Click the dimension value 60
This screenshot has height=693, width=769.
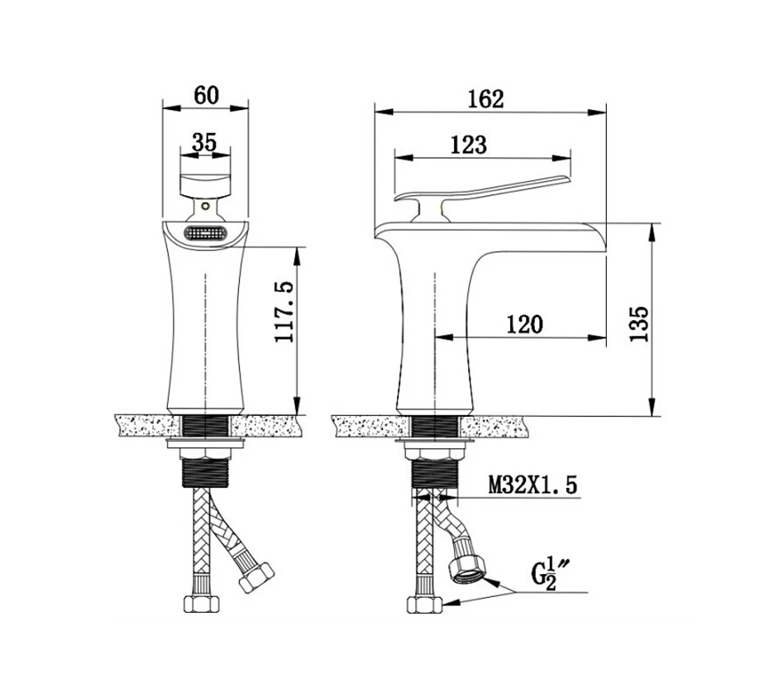[206, 94]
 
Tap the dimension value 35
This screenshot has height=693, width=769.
[204, 141]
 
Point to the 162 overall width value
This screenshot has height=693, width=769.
[485, 98]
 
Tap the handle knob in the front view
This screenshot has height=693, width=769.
[204, 184]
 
